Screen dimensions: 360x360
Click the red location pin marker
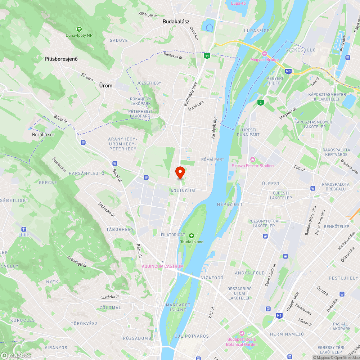[x=180, y=172]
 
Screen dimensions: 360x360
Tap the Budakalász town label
[x=176, y=22]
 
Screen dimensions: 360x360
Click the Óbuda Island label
[x=191, y=242]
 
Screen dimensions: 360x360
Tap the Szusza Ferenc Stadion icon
[x=253, y=159]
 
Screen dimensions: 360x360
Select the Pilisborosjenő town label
[x=61, y=59]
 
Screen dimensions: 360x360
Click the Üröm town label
[x=105, y=86]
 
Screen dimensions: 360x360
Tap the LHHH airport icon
[x=24, y=229]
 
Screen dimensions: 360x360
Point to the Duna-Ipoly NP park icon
[x=79, y=29]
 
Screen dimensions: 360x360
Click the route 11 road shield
[x=207, y=56]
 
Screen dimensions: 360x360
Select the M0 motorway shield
[x=288, y=71]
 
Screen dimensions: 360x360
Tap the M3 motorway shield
[x=279, y=316]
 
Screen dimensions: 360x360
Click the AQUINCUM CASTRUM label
[x=163, y=266]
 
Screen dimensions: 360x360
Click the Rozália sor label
[x=43, y=134]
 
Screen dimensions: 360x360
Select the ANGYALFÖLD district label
[x=250, y=273]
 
